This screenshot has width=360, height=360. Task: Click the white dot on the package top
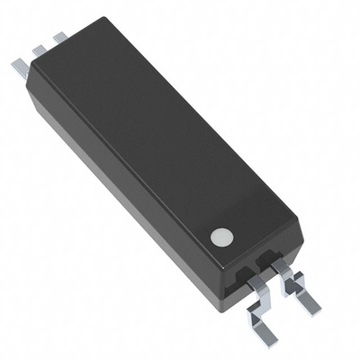pyautogui.click(x=221, y=237)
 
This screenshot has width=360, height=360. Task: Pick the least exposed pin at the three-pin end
pyautogui.click(x=60, y=38)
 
